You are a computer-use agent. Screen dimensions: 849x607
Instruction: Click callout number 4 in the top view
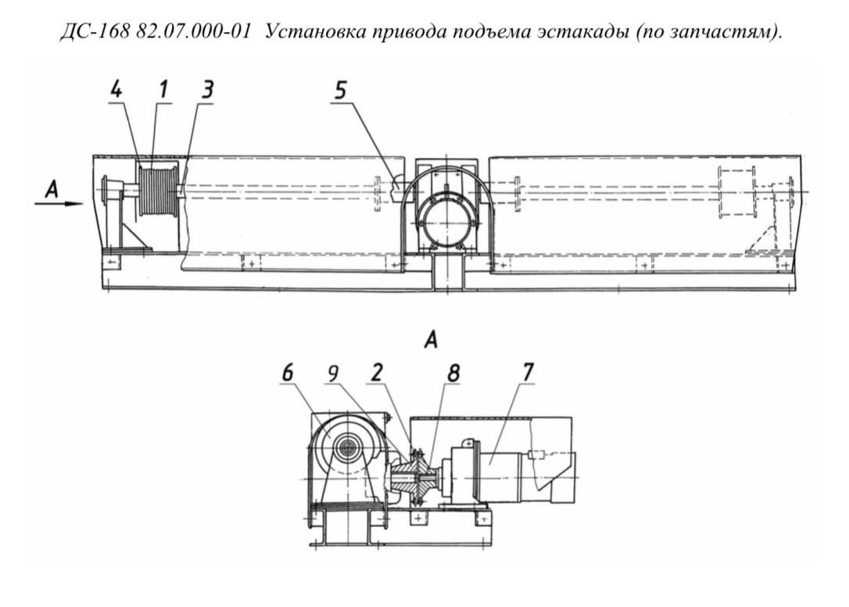tap(116, 89)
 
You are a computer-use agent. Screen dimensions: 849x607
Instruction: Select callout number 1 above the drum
tap(163, 89)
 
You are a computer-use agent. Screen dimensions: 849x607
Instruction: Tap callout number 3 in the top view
tap(207, 90)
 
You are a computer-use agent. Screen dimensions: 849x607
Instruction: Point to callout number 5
tap(340, 91)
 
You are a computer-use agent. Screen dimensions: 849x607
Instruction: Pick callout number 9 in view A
tap(333, 373)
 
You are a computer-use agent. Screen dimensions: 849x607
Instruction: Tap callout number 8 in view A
tap(453, 373)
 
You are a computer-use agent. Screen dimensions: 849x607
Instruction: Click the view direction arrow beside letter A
tap(59, 204)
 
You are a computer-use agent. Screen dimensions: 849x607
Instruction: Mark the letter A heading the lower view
tap(431, 341)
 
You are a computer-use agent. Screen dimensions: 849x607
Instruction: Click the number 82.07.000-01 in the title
tap(194, 32)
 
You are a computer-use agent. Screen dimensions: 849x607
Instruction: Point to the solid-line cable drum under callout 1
tap(158, 191)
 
